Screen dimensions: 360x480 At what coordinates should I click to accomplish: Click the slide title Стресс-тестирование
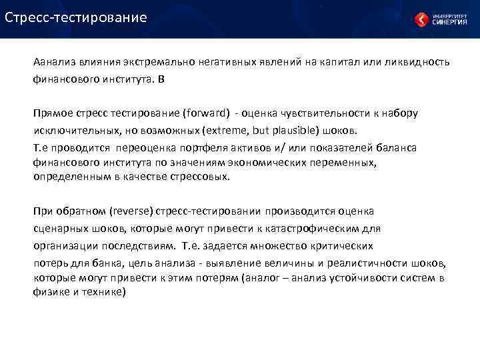coord(75,17)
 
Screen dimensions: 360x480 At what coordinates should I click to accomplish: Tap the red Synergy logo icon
coord(421,19)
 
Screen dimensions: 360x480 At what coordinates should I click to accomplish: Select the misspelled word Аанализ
coord(56,62)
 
